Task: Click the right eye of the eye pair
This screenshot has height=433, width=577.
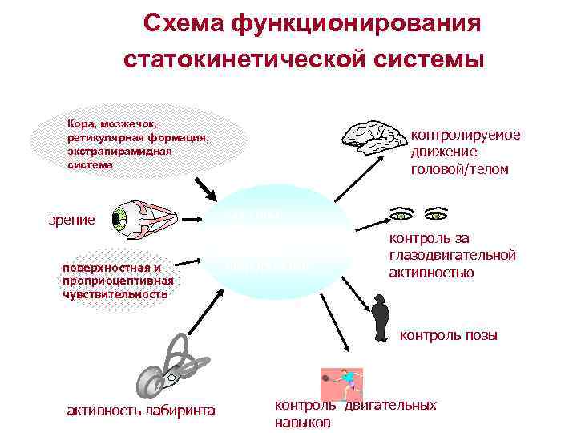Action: pos(437,215)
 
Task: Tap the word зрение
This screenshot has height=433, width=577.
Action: pos(71,220)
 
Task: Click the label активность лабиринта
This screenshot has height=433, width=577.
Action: pos(140,411)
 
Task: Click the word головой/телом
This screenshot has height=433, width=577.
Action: pos(459,169)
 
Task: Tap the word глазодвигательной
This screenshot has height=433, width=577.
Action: pos(452,255)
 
